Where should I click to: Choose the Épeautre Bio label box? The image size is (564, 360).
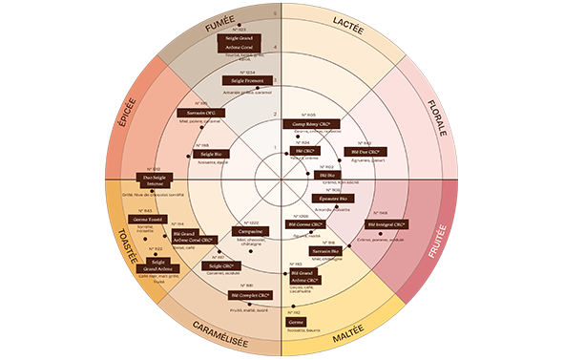pos(335,200)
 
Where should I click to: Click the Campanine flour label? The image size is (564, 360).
pos(252,231)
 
